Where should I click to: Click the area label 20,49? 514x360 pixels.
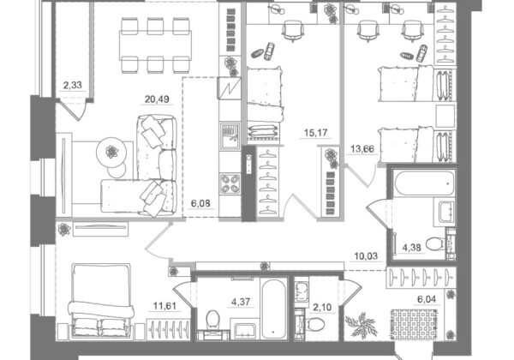click(x=157, y=99)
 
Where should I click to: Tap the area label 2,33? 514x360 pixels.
click(x=73, y=85)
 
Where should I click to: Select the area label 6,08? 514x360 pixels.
click(x=200, y=204)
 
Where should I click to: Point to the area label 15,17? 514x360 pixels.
click(x=315, y=133)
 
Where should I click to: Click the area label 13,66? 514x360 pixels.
click(x=362, y=149)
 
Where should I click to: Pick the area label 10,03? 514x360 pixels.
click(x=366, y=255)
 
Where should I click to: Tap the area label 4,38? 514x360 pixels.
click(x=411, y=248)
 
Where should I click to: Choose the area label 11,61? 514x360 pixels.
click(x=164, y=306)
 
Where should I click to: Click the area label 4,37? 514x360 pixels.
click(x=241, y=302)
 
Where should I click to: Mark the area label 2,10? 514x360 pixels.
click(x=322, y=308)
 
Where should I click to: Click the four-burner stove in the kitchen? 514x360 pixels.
click(x=230, y=184)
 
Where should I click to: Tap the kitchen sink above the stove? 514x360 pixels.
click(x=230, y=135)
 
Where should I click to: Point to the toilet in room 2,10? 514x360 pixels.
click(x=315, y=325)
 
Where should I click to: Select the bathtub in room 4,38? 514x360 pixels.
click(x=424, y=183)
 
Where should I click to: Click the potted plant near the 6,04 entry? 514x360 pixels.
click(x=361, y=324)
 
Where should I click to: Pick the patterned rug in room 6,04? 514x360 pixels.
click(x=414, y=325)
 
